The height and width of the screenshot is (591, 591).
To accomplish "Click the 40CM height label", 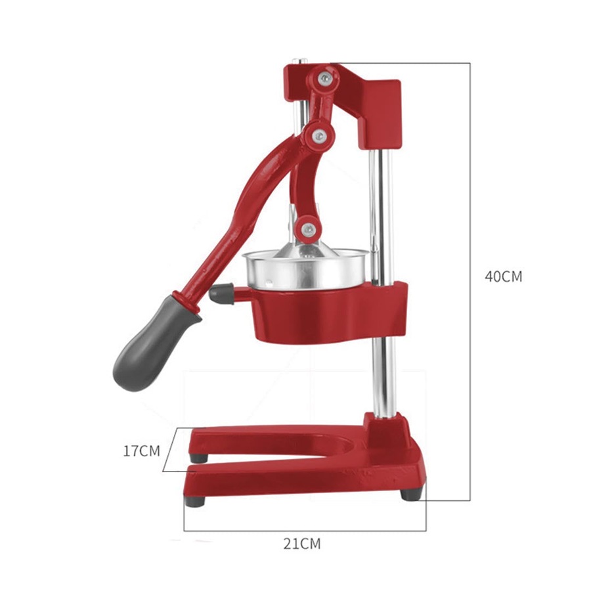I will point(503,276).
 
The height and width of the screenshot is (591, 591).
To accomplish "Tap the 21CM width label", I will point(302,544).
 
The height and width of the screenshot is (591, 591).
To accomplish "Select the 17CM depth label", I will point(141,451).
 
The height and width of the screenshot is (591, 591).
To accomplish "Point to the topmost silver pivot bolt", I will point(322,78).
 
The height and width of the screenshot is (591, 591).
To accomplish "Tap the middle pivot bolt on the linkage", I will point(319,135).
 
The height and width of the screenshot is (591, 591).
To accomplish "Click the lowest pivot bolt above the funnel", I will point(307,229).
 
